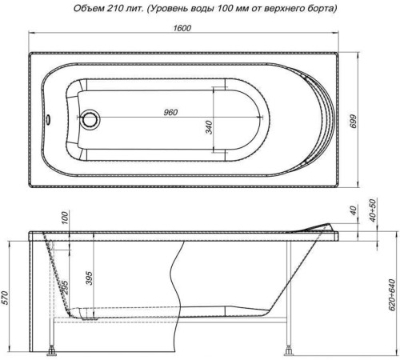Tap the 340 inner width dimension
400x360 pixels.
[x=208, y=125]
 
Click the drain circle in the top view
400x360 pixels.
[x=90, y=122]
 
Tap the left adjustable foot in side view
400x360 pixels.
[x=54, y=350]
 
